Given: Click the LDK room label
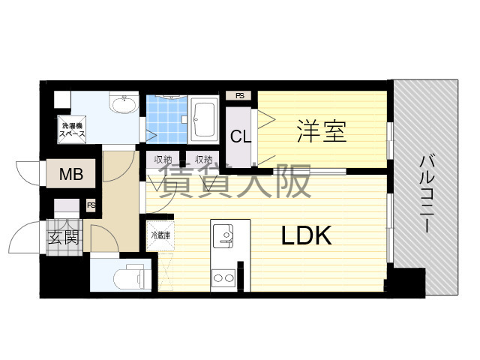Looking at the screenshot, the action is tap(307, 235).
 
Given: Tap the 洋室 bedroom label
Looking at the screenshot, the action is tap(322, 131).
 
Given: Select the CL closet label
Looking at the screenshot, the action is tap(241, 136).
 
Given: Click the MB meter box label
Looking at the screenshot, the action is tap(71, 174).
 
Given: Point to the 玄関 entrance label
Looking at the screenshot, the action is tap(64, 237).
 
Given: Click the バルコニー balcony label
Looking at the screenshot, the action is tap(426, 194).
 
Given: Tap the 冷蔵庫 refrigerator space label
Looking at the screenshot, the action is tap(160, 235).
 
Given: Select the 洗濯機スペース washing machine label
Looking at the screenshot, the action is tap(72, 130).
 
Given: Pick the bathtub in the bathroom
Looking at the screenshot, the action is tap(203, 120).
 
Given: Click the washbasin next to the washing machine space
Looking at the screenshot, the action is tap(124, 103).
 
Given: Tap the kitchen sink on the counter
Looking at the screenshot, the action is tap(223, 236).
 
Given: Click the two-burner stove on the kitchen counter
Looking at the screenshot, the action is tap(223, 278).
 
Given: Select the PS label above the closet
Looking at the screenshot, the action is tap(240, 96).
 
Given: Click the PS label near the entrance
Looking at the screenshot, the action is tap(91, 205).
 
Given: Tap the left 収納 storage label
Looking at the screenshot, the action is tap(163, 159).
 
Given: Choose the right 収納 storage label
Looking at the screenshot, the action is tap(204, 159).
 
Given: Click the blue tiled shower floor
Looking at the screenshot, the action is tap(166, 119).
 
